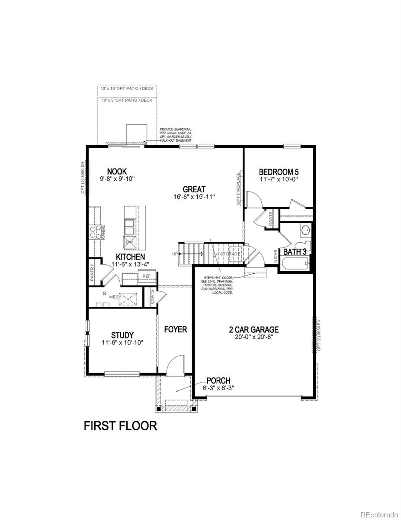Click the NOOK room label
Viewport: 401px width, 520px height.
tap(117, 172)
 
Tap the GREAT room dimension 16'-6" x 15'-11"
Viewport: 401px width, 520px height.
tap(193, 197)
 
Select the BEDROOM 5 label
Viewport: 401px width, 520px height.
tap(279, 171)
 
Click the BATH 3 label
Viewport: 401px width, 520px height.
tap(295, 251)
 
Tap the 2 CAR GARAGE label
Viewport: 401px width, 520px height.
tap(253, 329)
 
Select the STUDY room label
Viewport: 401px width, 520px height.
tap(122, 335)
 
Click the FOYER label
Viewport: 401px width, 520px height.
tap(175, 329)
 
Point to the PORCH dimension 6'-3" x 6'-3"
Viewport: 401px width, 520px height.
tap(219, 388)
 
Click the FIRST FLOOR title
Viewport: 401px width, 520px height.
tap(120, 426)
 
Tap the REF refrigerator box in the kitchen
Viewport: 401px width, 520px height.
tap(147, 276)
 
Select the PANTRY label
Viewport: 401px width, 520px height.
tap(92, 274)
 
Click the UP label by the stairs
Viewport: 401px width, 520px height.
tap(175, 254)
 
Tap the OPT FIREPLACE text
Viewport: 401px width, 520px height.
tap(238, 188)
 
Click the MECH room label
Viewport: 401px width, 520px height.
tap(114, 297)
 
